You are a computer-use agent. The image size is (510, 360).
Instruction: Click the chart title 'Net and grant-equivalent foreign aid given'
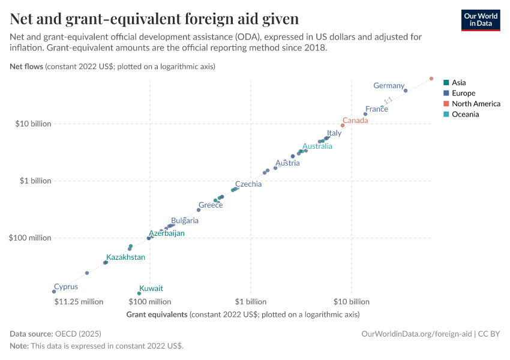coord(154,19)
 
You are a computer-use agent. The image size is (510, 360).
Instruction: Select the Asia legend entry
coord(458,83)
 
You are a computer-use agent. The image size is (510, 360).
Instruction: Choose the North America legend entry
coord(475,104)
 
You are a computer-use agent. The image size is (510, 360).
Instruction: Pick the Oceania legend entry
coord(465,115)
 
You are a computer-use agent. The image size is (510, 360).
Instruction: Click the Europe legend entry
coord(463,94)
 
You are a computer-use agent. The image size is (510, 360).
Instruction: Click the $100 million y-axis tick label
coord(30,238)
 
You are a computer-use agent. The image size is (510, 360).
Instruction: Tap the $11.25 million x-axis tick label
coord(79,302)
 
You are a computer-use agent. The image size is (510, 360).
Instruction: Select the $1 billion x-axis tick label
coord(250,302)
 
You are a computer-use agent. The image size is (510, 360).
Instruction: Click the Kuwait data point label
coord(151,289)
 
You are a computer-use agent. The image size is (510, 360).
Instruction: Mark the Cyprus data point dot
coord(54,292)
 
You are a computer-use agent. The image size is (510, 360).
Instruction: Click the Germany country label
coord(389,86)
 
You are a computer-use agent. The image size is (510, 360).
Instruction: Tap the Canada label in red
coord(355,121)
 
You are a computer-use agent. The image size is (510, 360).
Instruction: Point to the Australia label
coord(317,146)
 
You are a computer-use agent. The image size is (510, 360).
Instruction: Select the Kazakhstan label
coord(125,257)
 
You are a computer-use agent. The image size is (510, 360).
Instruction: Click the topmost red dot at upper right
coord(431,79)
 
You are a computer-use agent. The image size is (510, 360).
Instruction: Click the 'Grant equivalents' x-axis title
coord(157,314)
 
